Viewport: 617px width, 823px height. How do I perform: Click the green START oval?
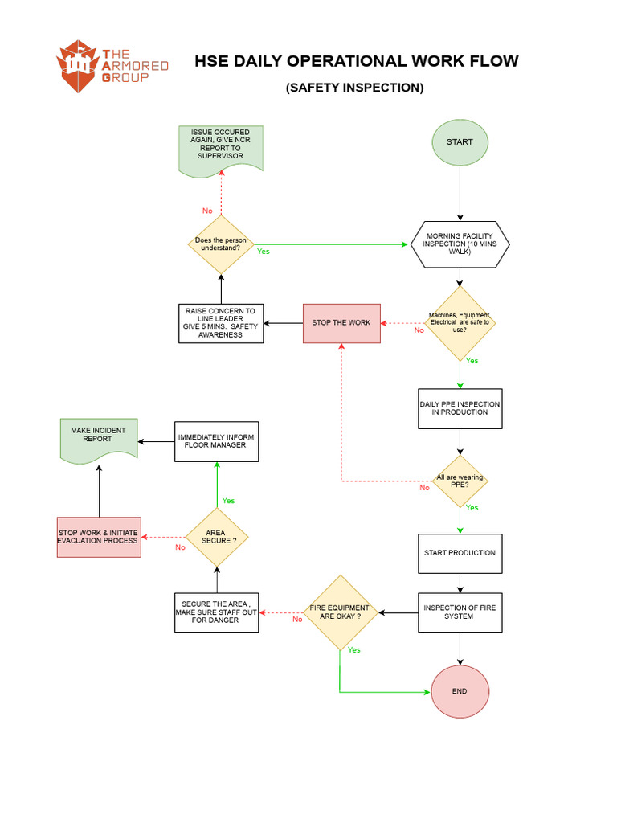[460, 142]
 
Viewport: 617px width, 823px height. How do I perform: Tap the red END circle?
[460, 691]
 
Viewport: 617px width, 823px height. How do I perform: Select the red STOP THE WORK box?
[341, 323]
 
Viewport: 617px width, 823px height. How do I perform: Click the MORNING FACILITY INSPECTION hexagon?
[460, 244]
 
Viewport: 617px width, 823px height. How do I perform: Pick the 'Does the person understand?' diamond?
[221, 244]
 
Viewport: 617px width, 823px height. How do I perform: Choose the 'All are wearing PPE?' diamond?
[460, 481]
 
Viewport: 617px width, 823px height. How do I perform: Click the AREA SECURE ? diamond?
[217, 537]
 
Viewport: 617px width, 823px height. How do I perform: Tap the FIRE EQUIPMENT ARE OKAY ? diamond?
[340, 612]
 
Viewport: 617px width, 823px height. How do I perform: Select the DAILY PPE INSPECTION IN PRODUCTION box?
[460, 408]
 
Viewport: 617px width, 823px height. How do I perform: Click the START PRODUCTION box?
[460, 553]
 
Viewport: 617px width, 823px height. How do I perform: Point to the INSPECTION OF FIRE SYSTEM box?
[460, 612]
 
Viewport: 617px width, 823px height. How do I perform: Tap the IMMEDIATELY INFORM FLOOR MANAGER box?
[217, 440]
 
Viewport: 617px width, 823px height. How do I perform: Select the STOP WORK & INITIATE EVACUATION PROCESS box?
[99, 537]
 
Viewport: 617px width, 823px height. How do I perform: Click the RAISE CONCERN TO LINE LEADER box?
[221, 323]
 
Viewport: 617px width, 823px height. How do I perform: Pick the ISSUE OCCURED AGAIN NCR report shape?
[220, 147]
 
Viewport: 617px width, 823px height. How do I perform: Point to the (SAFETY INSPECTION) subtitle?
[354, 88]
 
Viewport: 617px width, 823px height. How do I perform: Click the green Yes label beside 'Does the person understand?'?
[263, 252]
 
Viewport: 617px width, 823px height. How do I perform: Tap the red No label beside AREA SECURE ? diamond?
[180, 547]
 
